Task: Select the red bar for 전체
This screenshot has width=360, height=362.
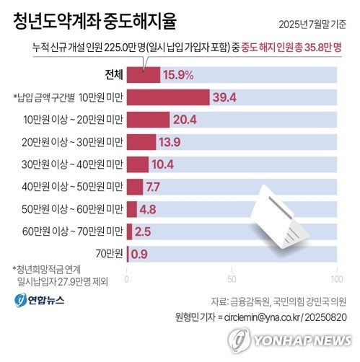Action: tap(143, 74)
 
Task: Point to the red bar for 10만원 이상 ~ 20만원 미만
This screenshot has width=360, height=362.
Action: tap(148, 120)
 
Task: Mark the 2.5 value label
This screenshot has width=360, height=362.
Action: tap(143, 231)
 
